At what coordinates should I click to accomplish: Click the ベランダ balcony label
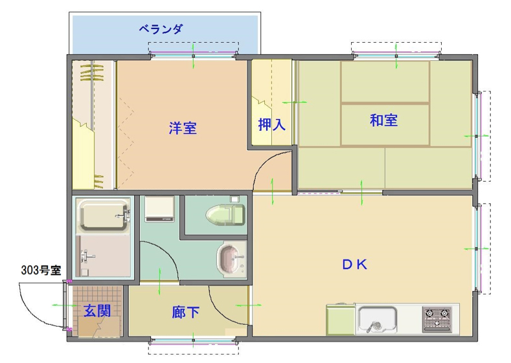point(161,29)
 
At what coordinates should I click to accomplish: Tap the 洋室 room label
point(183,128)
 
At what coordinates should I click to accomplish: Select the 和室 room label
point(383,120)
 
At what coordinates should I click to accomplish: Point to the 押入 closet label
point(271,124)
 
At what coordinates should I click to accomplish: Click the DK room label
point(354,265)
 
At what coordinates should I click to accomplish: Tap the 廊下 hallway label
point(185,313)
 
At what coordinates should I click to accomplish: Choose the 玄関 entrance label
point(97,311)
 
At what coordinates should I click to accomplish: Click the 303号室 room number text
point(41,270)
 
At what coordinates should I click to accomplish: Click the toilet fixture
point(225,215)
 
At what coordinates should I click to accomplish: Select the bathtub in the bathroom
point(104,215)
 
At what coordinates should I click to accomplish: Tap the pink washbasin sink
point(229,259)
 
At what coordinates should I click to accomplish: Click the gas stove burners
point(437,319)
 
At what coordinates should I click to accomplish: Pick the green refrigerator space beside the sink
point(341,319)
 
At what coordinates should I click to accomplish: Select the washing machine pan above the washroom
point(159,209)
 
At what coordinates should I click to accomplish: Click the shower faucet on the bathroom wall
point(86,256)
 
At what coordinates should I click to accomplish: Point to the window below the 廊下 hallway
point(193,341)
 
